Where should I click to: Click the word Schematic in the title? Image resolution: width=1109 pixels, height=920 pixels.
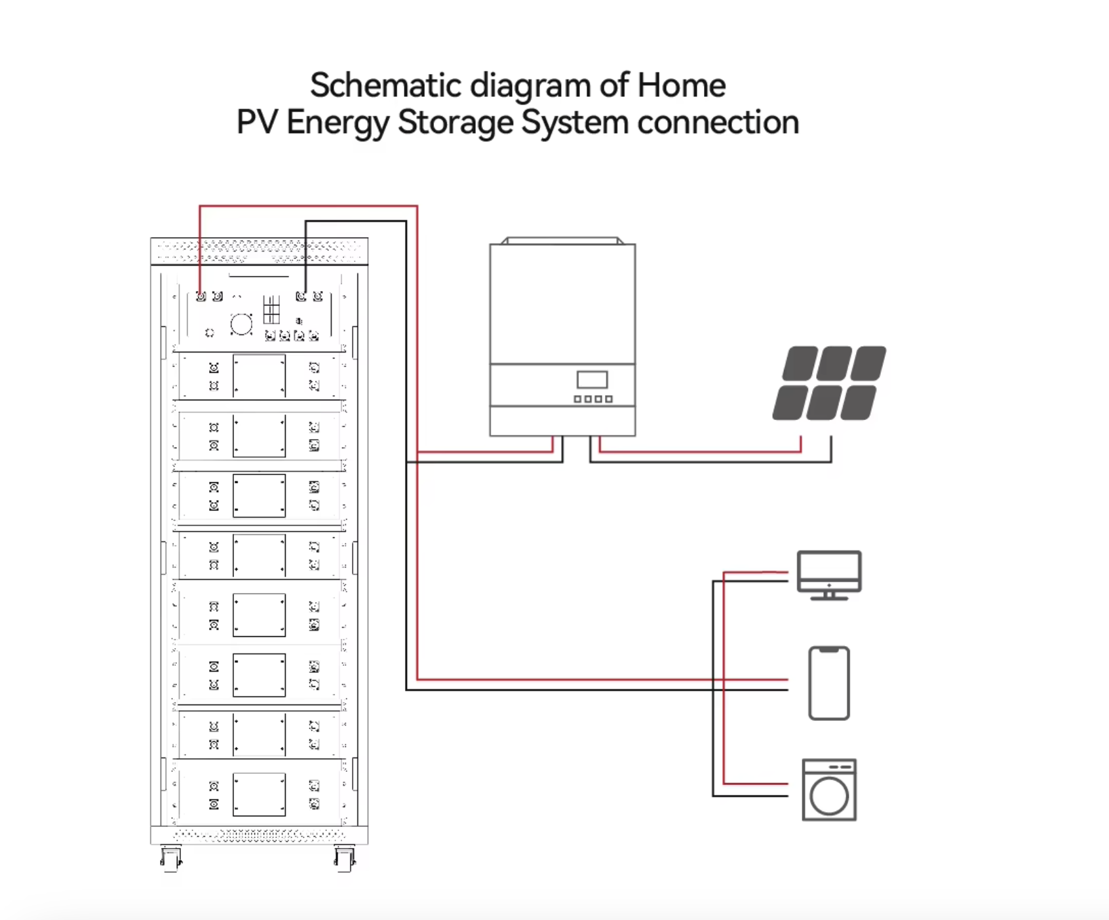point(385,86)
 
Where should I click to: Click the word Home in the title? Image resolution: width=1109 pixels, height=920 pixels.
point(681,85)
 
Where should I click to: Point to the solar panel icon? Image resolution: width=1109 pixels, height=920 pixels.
point(829,383)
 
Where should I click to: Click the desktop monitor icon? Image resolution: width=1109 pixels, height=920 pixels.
point(829,575)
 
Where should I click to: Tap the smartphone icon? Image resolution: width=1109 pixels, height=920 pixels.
point(829,683)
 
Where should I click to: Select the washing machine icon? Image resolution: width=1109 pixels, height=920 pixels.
point(829,790)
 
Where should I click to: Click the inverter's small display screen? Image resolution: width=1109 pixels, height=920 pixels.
point(592,380)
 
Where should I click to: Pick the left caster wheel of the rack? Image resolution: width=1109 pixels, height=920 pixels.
point(171,859)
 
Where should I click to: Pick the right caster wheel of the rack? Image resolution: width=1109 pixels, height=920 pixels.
point(345,859)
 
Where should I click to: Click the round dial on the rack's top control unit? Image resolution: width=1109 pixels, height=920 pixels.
point(241,324)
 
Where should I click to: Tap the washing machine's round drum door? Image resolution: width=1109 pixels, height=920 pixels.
point(829,796)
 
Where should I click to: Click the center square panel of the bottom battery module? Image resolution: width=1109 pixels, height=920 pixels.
point(259,794)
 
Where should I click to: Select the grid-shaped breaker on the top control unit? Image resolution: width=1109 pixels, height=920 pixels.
point(271,309)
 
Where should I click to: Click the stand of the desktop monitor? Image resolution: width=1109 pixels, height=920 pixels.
point(829,596)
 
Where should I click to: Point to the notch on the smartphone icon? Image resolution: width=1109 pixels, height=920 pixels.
point(829,649)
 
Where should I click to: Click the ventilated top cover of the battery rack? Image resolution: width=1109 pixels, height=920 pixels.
point(259,251)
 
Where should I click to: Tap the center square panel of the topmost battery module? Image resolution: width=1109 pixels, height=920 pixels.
point(259,376)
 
